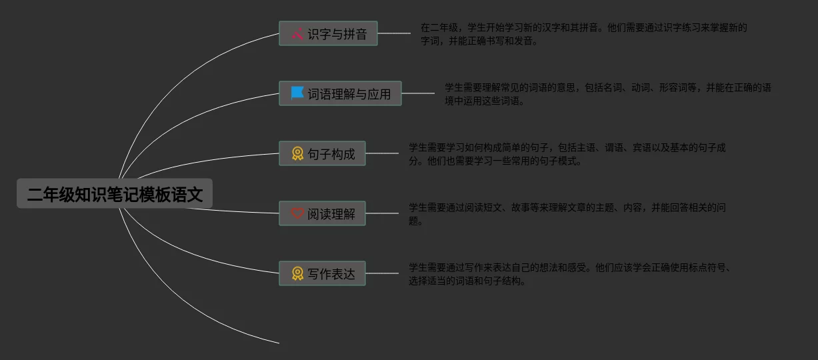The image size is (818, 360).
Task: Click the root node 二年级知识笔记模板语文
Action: (115, 194)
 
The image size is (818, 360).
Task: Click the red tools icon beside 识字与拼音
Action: (297, 34)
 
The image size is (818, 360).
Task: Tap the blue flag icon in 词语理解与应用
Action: (297, 93)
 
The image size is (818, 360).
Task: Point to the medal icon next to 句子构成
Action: (297, 154)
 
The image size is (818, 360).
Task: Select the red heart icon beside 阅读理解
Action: (297, 214)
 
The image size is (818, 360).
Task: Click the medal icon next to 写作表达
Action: (297, 273)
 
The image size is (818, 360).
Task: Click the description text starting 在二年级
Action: (583, 34)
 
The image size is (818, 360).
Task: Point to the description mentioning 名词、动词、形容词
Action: (607, 94)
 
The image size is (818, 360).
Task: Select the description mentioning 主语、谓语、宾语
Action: (567, 154)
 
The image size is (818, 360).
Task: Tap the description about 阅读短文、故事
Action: (567, 214)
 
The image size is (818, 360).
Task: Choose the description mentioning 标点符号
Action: (571, 274)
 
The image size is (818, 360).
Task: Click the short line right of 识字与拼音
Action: (394, 33)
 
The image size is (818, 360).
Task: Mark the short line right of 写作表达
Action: (382, 273)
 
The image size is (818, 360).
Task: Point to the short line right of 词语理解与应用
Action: (418, 93)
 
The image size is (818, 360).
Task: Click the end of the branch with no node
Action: (277, 343)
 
